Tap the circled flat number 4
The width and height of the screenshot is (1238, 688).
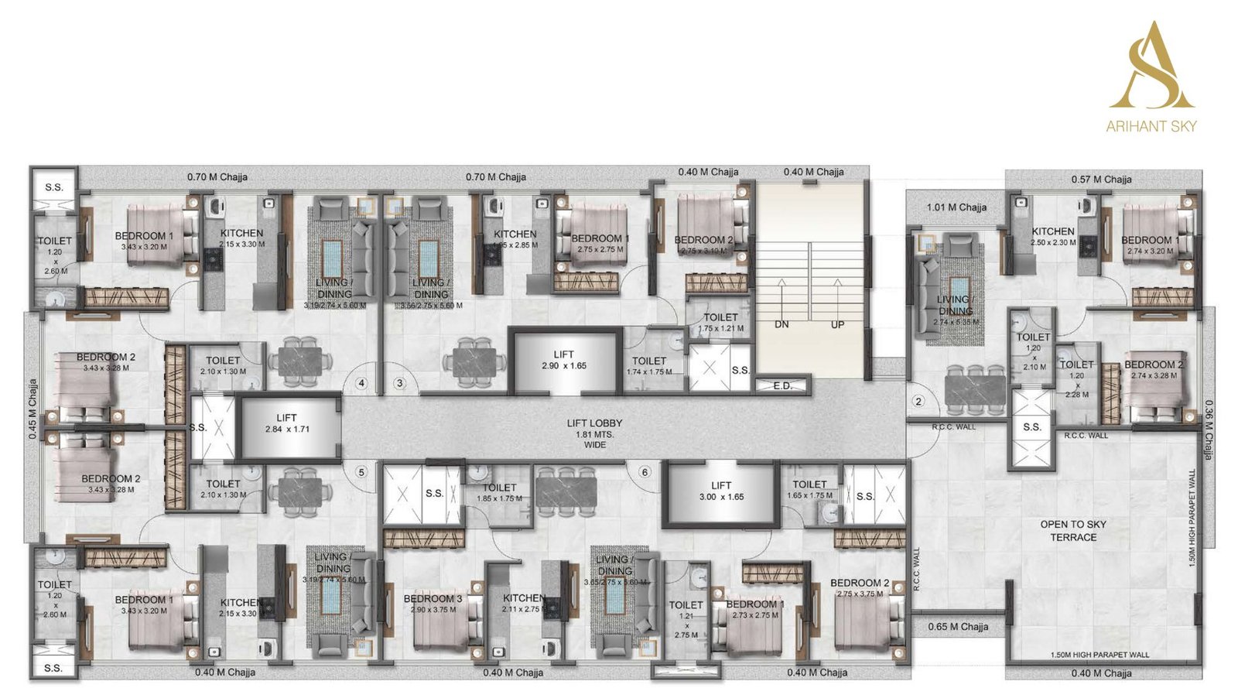[x=361, y=382]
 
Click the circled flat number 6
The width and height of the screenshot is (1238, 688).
[x=645, y=472]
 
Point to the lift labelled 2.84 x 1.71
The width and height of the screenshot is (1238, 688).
[x=287, y=423]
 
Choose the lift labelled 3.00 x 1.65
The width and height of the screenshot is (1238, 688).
[x=721, y=491]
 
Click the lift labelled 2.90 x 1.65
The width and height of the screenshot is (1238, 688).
[x=564, y=360]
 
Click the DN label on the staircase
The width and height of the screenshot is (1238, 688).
[x=781, y=324]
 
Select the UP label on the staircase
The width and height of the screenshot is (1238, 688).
[x=837, y=324]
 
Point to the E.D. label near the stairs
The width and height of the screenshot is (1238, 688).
[x=782, y=385]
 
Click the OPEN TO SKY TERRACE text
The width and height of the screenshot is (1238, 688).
[x=1073, y=530]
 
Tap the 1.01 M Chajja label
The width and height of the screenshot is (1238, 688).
[x=956, y=207]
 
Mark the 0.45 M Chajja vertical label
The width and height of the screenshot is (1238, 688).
[x=33, y=409]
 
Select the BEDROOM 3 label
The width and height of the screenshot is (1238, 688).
[x=433, y=598]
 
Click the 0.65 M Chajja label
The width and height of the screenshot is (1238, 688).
[x=958, y=626]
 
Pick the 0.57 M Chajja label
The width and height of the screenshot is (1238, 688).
[x=1101, y=179]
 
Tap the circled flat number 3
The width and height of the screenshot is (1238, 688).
[x=400, y=382]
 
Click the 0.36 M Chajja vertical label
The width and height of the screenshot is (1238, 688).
[x=1209, y=430]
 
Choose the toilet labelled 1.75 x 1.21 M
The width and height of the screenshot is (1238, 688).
[x=720, y=322]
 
